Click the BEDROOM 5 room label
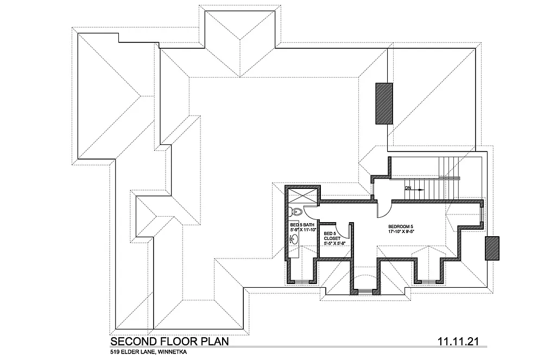tap(401, 226)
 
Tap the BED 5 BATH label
tap(301, 225)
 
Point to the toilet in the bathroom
tap(295, 212)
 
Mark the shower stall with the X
tap(302, 195)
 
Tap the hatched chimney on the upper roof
tap(384, 103)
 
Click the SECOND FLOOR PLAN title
tap(169, 342)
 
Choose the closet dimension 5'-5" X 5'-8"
tap(334, 244)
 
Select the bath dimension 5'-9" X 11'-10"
tap(302, 230)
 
